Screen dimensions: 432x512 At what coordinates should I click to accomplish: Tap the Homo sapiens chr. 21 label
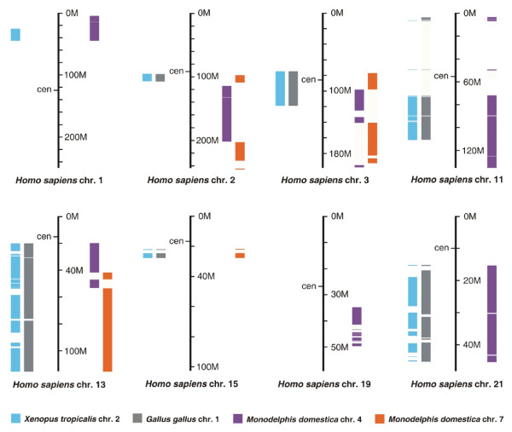tap(457, 385)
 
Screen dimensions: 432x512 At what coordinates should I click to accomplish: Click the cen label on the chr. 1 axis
tap(44, 89)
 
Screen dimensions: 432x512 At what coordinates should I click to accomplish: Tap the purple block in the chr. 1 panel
tap(94, 28)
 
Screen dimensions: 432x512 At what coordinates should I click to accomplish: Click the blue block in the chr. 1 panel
tap(15, 34)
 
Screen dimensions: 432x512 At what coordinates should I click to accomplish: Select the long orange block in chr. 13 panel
tap(108, 329)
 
